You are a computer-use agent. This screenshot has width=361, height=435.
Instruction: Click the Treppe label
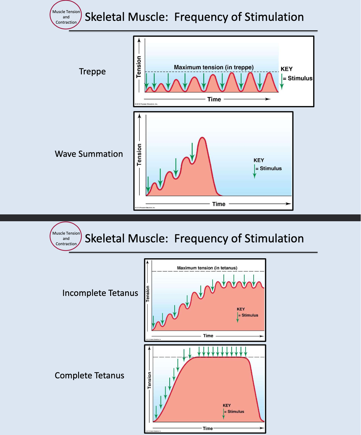[x=92, y=72]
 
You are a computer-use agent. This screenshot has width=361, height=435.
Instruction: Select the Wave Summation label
[x=89, y=154]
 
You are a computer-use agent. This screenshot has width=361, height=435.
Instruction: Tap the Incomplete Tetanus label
[x=100, y=293]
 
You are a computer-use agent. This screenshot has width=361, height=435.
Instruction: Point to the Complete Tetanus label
[x=89, y=376]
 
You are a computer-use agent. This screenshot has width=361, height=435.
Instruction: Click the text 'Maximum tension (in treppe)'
[x=213, y=67]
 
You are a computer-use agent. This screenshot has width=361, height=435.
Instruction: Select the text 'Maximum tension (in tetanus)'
[x=207, y=268]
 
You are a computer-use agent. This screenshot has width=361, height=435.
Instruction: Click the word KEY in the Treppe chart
[x=286, y=69]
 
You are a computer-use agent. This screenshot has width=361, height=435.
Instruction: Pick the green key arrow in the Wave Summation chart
[x=255, y=171]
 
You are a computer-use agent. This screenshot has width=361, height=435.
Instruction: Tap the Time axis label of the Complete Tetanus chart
[x=208, y=428]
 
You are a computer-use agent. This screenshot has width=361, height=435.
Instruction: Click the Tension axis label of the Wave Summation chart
[x=139, y=155]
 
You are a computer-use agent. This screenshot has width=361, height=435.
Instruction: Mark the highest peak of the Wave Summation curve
[x=203, y=138]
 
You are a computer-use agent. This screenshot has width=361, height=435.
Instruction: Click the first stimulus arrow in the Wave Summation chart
[x=148, y=185]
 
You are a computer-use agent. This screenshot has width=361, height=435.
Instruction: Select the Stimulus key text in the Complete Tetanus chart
[x=236, y=412]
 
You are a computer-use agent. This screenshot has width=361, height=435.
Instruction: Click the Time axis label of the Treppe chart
[x=214, y=99]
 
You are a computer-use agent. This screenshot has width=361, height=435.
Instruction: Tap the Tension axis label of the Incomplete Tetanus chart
[x=148, y=294]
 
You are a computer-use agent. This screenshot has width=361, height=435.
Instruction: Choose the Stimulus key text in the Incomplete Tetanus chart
[x=250, y=315]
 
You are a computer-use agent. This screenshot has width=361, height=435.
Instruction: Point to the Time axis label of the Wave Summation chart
[x=218, y=204]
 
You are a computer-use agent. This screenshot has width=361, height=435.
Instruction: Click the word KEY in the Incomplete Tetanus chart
[x=241, y=309]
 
